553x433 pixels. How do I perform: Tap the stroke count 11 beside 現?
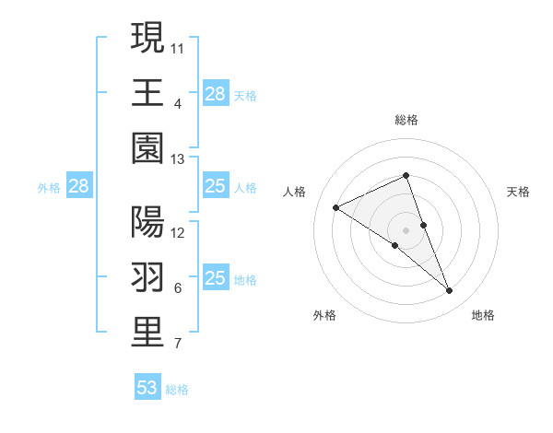pos(178,46)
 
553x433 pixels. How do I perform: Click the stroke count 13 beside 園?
pos(178,159)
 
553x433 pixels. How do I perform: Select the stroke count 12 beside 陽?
pos(178,232)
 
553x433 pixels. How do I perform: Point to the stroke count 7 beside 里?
pos(177,345)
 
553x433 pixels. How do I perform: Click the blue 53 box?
pos(147,388)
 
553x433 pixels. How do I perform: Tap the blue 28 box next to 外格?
pos(78,187)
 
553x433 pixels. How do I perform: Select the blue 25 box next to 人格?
pos(215,187)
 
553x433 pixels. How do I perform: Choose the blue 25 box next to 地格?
pos(215,278)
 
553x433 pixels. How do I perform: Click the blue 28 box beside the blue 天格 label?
pos(215,94)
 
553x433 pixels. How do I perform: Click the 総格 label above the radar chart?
pos(406,120)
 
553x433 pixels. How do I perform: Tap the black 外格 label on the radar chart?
pos(324,315)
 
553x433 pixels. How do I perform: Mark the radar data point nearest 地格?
pos(450,291)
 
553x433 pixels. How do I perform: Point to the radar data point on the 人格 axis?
pos(335,208)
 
